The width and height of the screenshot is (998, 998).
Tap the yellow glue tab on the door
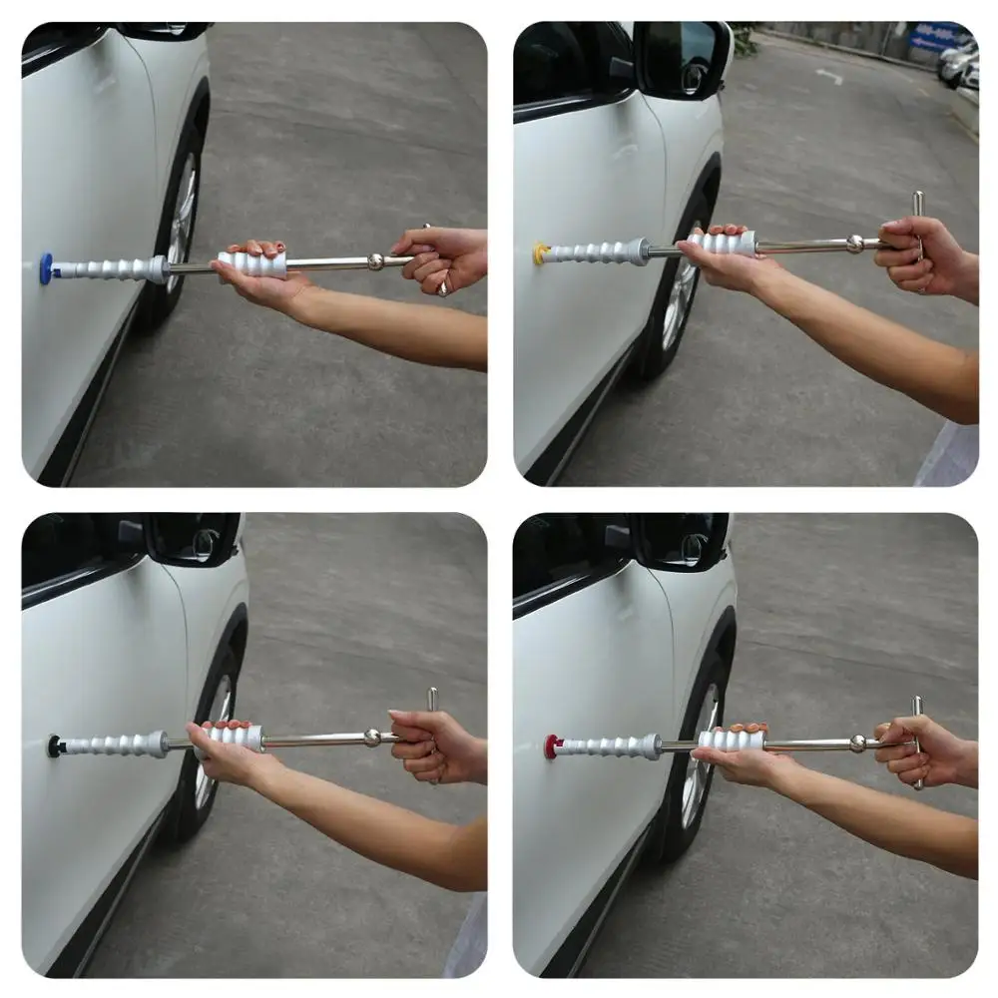tap(540, 253)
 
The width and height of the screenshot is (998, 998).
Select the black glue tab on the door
tap(53, 746)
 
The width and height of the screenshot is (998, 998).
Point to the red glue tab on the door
tap(550, 746)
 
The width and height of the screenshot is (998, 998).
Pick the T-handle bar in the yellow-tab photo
tap(918, 240)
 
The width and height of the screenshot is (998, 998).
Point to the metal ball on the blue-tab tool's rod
tap(375, 261)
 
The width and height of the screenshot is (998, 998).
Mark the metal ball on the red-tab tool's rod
tap(857, 744)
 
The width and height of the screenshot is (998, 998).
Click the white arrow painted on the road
tap(829, 76)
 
